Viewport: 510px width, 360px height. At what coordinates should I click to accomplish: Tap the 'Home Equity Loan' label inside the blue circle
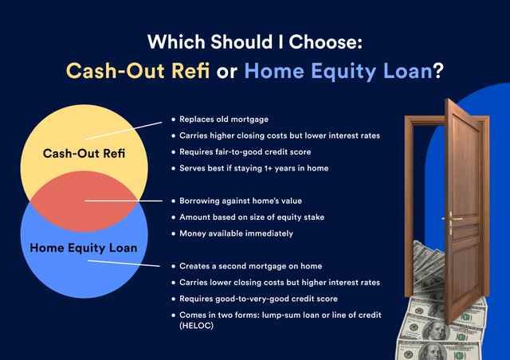(84, 248)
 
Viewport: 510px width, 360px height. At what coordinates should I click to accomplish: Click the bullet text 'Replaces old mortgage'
(225, 119)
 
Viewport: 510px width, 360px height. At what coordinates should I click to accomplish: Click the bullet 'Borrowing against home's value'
(241, 201)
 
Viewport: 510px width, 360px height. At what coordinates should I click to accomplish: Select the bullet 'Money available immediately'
(236, 233)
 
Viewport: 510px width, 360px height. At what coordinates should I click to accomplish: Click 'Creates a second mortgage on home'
(250, 266)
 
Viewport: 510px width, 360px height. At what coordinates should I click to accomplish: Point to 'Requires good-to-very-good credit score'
(259, 299)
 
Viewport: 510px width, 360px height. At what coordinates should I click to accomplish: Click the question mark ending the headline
(437, 70)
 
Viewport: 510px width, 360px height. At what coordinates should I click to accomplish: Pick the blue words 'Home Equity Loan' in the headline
(338, 70)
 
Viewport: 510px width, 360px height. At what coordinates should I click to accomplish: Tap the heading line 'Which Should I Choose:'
(255, 40)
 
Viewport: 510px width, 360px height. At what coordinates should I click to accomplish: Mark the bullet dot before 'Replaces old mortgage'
(173, 119)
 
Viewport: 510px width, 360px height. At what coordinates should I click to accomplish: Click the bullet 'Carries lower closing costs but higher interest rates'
(279, 283)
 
